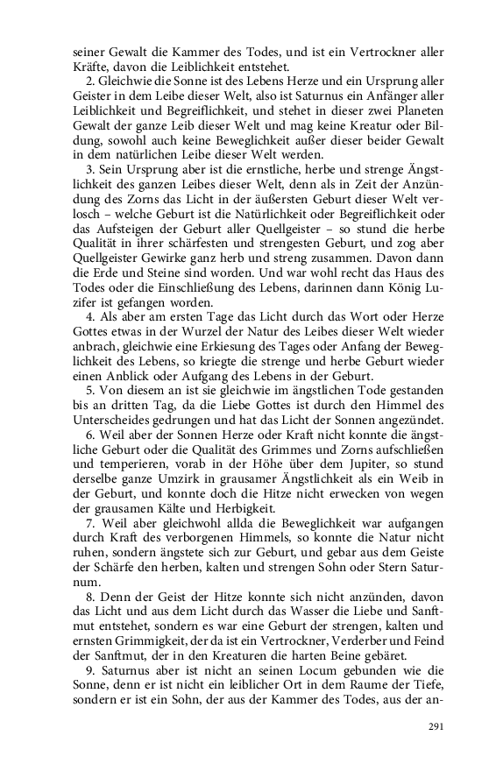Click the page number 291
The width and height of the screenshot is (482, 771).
(x=436, y=726)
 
